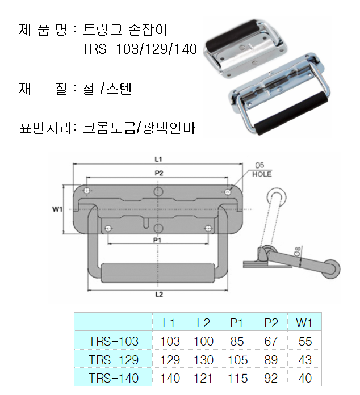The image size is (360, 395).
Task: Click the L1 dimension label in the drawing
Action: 158,159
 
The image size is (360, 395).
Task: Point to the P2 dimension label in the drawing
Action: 159,173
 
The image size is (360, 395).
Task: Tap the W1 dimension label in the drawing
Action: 57,209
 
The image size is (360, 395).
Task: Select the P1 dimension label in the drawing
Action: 157,240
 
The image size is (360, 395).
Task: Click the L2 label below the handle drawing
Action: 159,294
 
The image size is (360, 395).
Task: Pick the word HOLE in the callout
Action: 262,174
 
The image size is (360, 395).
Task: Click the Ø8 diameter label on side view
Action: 298,251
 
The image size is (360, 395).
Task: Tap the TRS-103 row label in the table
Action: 114,341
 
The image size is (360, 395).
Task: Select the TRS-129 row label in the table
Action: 114,360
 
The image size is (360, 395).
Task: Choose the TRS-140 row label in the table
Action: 114,378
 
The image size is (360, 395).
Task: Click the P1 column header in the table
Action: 236,323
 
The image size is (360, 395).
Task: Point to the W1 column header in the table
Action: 304,323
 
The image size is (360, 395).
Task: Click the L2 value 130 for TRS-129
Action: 203,360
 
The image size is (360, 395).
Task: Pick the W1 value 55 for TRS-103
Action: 305,341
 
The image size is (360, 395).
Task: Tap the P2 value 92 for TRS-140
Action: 271,378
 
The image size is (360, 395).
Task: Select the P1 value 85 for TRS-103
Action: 237,341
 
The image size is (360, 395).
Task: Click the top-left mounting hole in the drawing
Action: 87,191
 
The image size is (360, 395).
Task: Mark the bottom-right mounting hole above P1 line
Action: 208,228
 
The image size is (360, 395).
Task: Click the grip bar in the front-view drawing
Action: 157,273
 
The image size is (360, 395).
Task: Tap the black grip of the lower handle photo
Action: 291,114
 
